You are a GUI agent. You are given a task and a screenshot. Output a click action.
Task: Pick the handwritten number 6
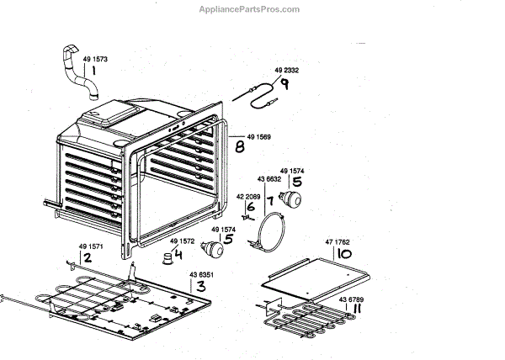250,207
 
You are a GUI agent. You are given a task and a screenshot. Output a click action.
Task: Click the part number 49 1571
91,246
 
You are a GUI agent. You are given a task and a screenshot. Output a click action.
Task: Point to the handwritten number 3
200,286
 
